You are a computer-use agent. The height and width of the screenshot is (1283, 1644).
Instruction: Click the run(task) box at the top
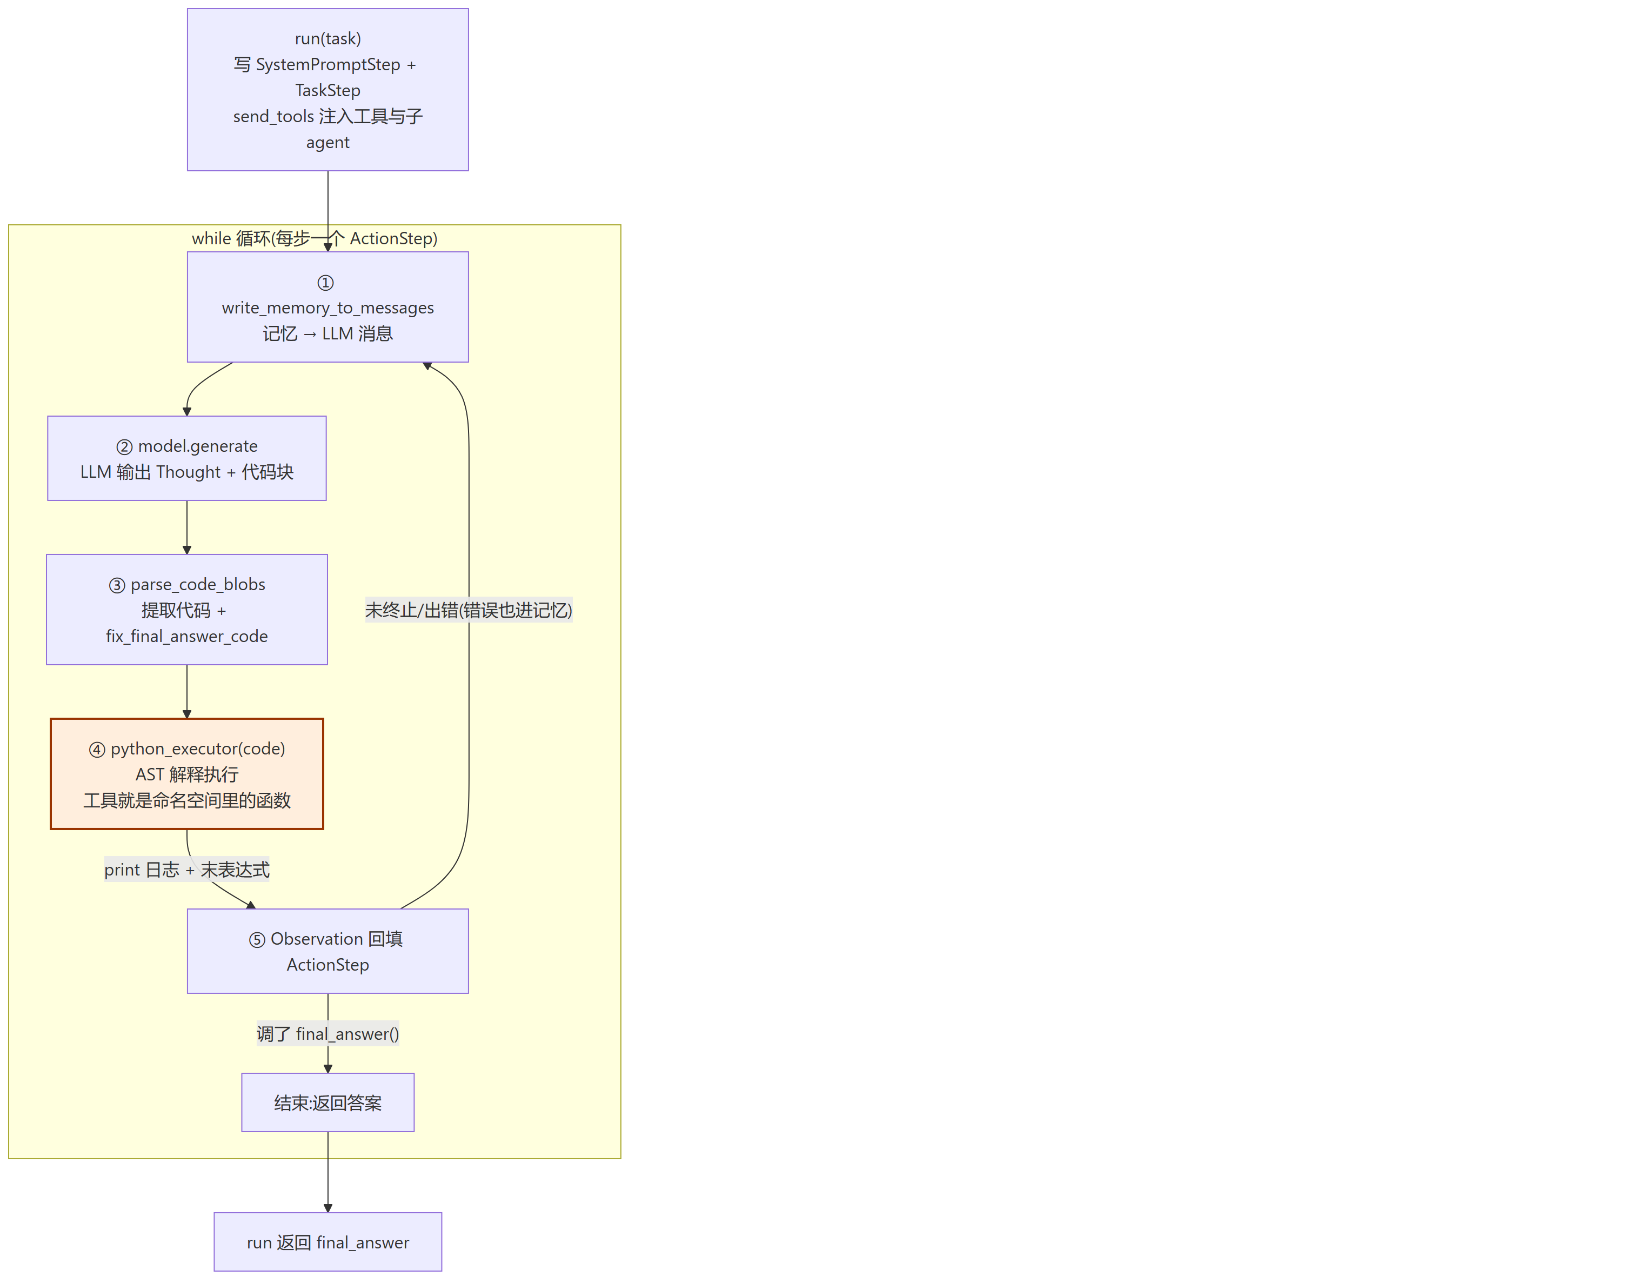point(328,90)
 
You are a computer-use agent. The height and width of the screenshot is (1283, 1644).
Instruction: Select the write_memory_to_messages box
point(328,306)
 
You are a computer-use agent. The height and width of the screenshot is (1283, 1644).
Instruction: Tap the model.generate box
point(186,458)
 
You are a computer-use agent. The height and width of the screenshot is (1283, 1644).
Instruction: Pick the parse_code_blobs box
point(186,610)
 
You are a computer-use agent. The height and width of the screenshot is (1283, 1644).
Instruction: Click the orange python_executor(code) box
point(186,774)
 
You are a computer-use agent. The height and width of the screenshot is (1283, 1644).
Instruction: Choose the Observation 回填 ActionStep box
point(328,951)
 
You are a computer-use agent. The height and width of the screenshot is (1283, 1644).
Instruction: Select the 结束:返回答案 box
point(328,1102)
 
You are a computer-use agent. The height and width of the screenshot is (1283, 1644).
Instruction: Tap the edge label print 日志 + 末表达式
point(186,870)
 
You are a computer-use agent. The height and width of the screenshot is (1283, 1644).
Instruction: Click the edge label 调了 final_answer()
point(328,1034)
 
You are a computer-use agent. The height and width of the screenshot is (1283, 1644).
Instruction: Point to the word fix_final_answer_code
point(186,636)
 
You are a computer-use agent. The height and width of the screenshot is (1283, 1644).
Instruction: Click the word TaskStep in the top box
point(328,90)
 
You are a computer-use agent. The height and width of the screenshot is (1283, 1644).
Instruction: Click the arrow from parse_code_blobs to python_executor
point(186,692)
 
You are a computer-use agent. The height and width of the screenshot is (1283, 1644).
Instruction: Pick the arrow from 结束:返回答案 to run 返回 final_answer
point(328,1172)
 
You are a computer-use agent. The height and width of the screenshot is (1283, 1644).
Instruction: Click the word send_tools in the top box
point(273,117)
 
